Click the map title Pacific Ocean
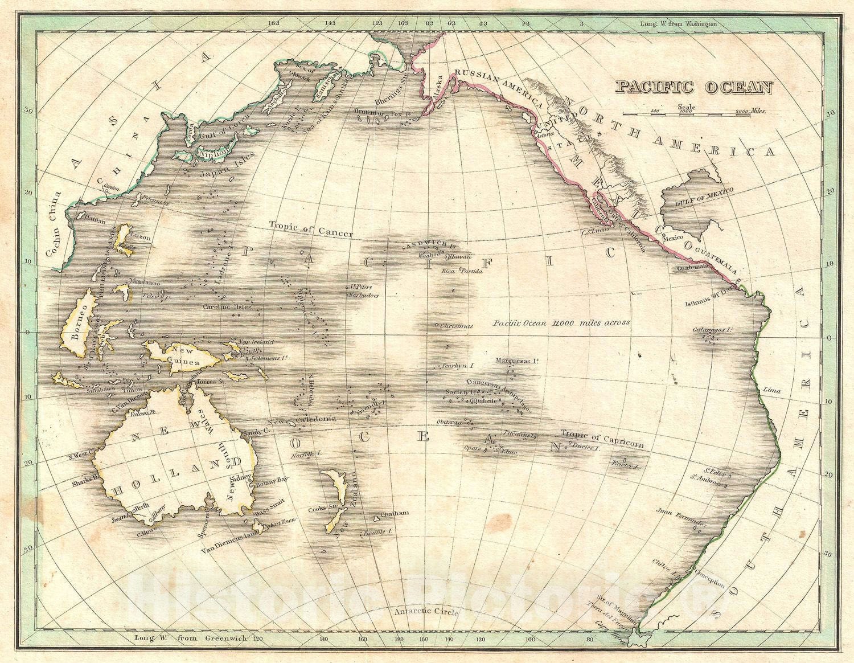(x=694, y=87)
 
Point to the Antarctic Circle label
(x=425, y=612)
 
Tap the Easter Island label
(x=628, y=466)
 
